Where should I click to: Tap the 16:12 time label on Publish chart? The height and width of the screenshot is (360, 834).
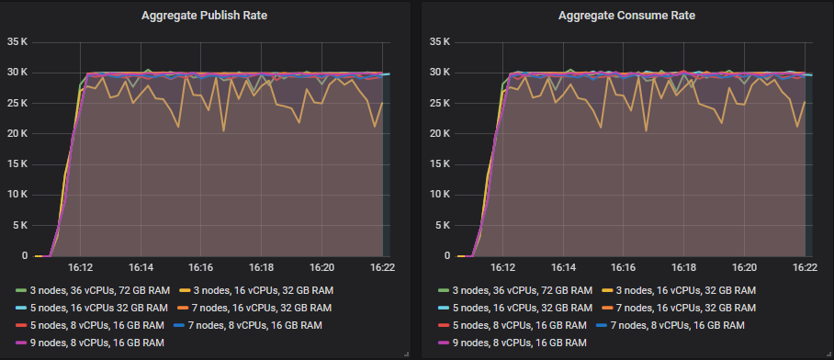(80, 268)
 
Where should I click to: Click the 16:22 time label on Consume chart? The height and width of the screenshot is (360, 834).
(805, 268)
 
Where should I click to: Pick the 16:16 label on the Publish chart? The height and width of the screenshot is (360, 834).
(201, 268)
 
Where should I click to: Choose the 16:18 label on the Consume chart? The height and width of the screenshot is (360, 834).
(683, 268)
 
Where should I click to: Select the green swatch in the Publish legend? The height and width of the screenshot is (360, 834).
(20, 290)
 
